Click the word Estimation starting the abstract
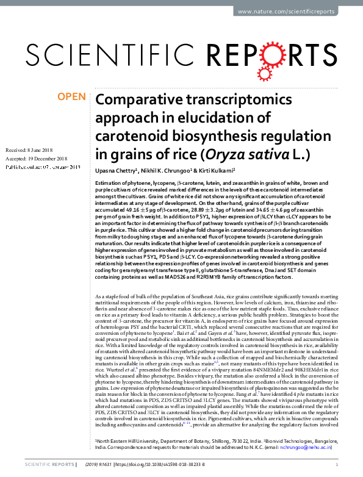tap(109, 183)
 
